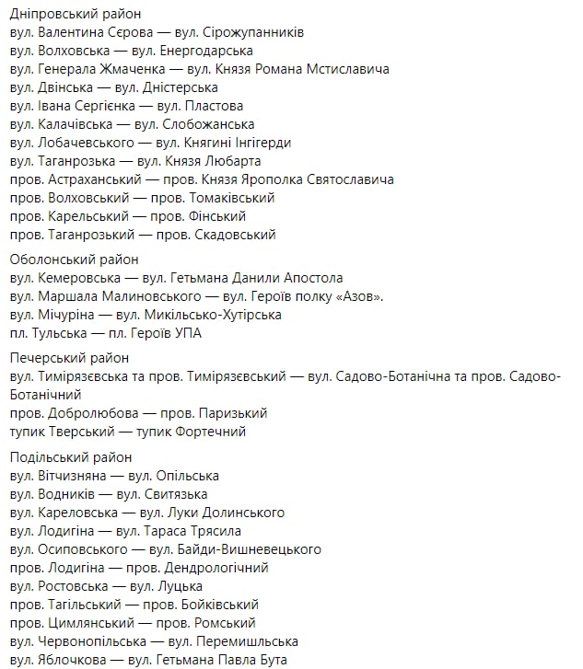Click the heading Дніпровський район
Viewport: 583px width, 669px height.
68,14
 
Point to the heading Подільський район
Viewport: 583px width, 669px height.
71,457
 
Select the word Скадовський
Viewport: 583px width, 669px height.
235,235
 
